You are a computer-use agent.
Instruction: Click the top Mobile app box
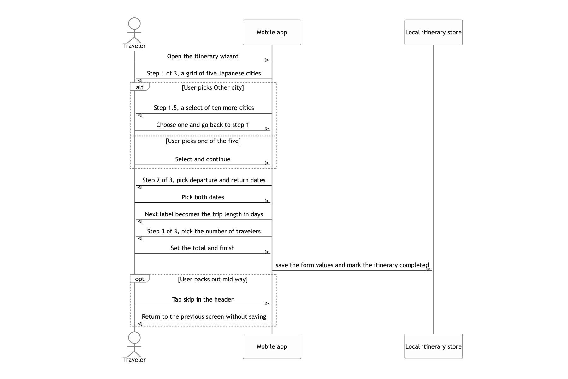click(x=272, y=32)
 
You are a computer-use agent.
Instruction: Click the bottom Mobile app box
click(x=272, y=346)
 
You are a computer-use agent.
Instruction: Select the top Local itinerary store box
click(x=434, y=32)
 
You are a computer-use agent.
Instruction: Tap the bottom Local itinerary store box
click(x=434, y=346)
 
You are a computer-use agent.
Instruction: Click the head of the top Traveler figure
click(x=134, y=24)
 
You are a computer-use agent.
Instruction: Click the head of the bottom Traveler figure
click(x=134, y=338)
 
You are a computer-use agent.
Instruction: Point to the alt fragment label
click(x=140, y=87)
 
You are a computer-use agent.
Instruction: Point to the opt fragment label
click(x=140, y=279)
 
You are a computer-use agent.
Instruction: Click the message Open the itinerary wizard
click(x=203, y=57)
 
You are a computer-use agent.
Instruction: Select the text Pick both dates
click(x=203, y=197)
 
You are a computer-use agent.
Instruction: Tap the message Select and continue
click(x=203, y=159)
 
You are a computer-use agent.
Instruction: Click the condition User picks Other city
click(x=213, y=87)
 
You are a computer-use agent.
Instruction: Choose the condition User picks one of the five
click(x=203, y=141)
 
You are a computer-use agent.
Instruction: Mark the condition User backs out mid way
click(x=213, y=279)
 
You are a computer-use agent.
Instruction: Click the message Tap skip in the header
click(x=203, y=300)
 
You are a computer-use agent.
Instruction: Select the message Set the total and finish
click(x=203, y=248)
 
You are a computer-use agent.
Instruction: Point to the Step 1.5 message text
click(x=204, y=108)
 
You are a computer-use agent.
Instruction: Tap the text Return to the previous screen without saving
click(x=204, y=317)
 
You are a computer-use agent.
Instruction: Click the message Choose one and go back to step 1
click(x=203, y=125)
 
